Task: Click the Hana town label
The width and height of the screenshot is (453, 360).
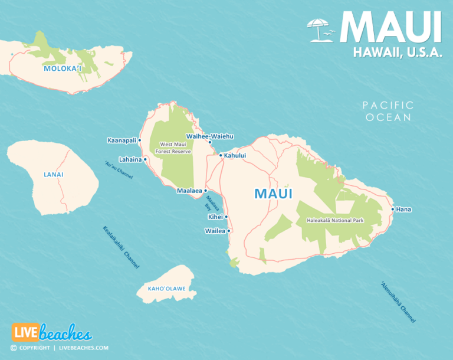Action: [404, 209]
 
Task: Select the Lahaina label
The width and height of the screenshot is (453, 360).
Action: [130, 159]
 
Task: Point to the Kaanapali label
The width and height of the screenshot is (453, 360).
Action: [122, 140]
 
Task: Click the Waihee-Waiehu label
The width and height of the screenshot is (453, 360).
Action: [214, 136]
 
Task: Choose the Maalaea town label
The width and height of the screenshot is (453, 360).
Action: [189, 191]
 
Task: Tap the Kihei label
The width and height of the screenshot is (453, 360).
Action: [215, 217]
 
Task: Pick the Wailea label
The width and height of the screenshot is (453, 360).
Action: [215, 231]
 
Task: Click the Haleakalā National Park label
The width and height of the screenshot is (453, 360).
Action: [335, 221]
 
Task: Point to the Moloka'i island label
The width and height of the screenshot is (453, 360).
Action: [62, 69]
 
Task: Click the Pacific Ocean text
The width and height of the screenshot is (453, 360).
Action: [388, 111]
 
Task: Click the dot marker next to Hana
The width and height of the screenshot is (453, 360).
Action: [393, 209]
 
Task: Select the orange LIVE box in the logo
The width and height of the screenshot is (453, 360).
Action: [25, 333]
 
